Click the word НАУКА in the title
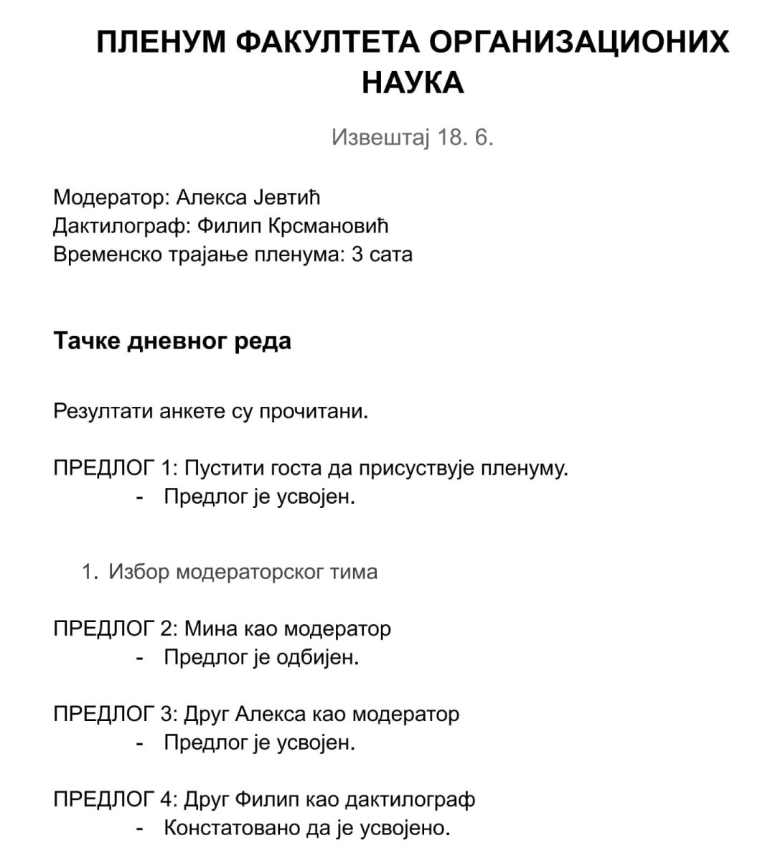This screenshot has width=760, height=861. (413, 83)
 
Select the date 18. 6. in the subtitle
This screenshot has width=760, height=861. (465, 137)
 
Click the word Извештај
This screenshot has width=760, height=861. (380, 137)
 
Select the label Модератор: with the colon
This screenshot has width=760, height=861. (111, 197)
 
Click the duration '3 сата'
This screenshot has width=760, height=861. (382, 255)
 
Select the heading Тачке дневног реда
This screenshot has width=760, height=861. (172, 340)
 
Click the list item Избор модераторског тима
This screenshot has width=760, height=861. (243, 572)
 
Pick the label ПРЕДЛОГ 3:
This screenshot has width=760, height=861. (116, 714)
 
